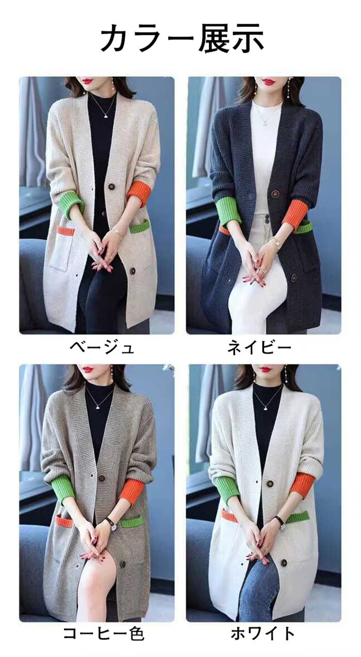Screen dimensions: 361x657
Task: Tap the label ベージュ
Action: click(102, 347)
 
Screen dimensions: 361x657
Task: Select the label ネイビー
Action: click(259, 347)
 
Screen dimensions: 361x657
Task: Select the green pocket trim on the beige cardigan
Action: click(140, 226)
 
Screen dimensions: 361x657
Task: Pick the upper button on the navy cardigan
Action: click(275, 194)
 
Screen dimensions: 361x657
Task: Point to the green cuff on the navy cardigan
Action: click(229, 210)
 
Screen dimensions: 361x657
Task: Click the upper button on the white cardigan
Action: click(270, 484)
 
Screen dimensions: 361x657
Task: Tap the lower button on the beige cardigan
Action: click(133, 271)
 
